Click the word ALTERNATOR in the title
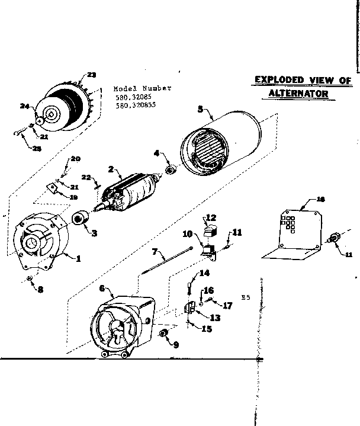coord(298,94)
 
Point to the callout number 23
coord(91,75)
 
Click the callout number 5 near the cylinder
coord(200,109)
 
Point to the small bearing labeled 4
coord(170,170)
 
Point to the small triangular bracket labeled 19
coord(52,189)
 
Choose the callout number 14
coord(204,273)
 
